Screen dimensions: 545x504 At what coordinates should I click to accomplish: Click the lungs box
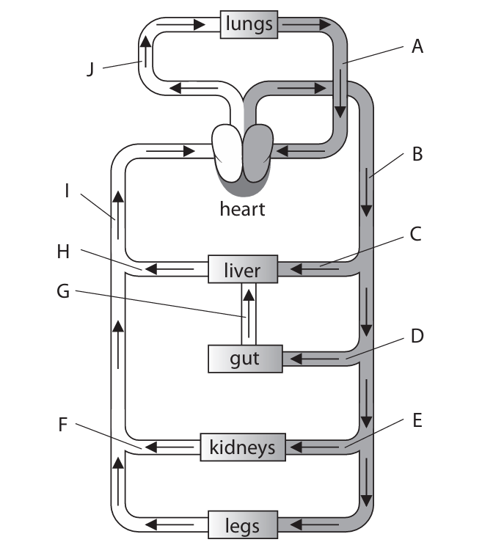pyautogui.click(x=249, y=23)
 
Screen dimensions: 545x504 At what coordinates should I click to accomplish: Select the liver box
pyautogui.click(x=243, y=270)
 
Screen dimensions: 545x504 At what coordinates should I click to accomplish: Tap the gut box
pyautogui.click(x=245, y=359)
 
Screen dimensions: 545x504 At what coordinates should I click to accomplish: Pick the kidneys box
pyautogui.click(x=243, y=447)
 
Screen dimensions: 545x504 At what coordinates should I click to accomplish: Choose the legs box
pyautogui.click(x=242, y=525)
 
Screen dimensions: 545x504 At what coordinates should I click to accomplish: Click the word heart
pyautogui.click(x=242, y=209)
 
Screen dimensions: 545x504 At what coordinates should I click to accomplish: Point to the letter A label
pyautogui.click(x=417, y=48)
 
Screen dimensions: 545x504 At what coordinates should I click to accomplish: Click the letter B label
pyautogui.click(x=417, y=155)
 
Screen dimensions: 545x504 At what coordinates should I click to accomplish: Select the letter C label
pyautogui.click(x=416, y=235)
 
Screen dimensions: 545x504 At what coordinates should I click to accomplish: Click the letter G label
pyautogui.click(x=64, y=291)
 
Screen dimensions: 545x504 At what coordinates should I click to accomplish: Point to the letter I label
pyautogui.click(x=67, y=192)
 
